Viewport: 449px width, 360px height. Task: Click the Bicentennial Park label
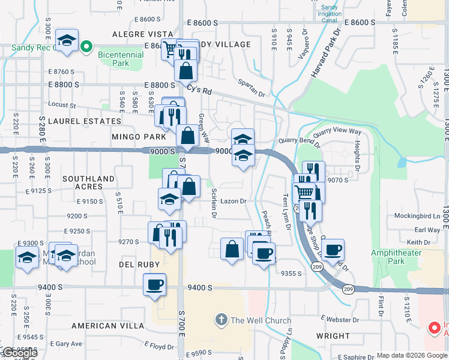coord(120,58)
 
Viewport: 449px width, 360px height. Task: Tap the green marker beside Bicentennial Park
coord(86,46)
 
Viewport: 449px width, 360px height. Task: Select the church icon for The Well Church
coord(221,320)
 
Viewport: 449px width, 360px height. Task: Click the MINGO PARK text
coord(139,137)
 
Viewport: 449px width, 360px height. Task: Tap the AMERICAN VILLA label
coord(107,325)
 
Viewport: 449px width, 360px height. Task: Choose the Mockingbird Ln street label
coord(417,215)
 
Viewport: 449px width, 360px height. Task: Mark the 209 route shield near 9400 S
coord(348,289)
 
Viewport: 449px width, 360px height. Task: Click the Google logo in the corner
coord(19,353)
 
